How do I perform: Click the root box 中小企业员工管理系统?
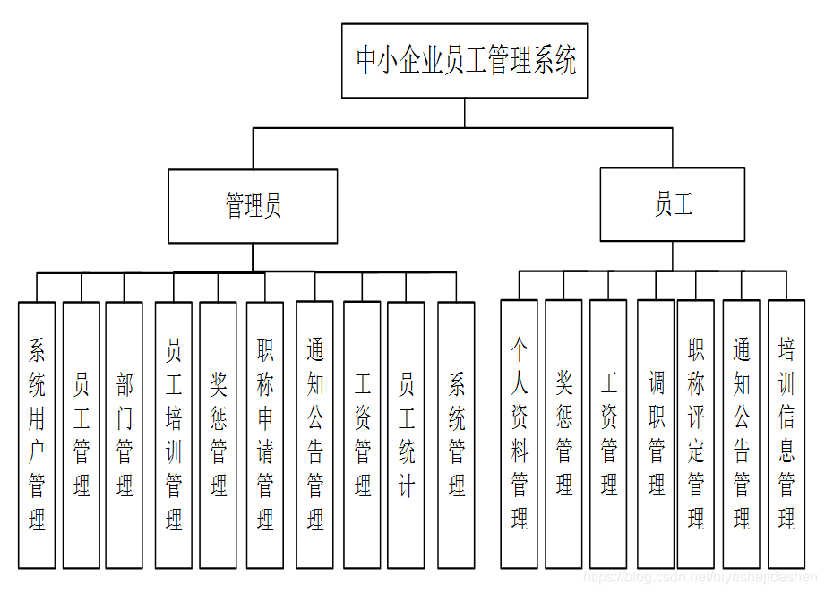pyautogui.click(x=464, y=61)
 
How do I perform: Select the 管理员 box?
pyautogui.click(x=253, y=206)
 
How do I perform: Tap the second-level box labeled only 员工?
pyautogui.click(x=672, y=204)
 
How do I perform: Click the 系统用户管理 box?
pyautogui.click(x=37, y=434)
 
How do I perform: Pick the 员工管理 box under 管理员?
pyautogui.click(x=82, y=434)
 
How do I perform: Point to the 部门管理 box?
pyautogui.click(x=124, y=434)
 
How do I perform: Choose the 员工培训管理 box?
pyautogui.click(x=173, y=434)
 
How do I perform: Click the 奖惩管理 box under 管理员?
pyautogui.click(x=218, y=434)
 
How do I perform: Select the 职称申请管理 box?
pyautogui.click(x=265, y=434)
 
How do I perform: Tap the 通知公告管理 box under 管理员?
pyautogui.click(x=314, y=434)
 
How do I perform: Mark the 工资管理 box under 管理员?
pyautogui.click(x=362, y=434)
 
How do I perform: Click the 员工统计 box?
pyautogui.click(x=406, y=434)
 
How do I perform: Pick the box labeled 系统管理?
pyautogui.click(x=456, y=434)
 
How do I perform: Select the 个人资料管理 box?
pyautogui.click(x=519, y=434)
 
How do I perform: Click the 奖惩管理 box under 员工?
pyautogui.click(x=563, y=434)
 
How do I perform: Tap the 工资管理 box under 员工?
pyautogui.click(x=608, y=434)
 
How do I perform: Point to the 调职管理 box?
pyautogui.click(x=656, y=434)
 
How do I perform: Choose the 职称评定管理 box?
pyautogui.click(x=696, y=434)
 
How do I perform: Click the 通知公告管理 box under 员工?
pyautogui.click(x=741, y=434)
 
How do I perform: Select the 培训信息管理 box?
pyautogui.click(x=786, y=434)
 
